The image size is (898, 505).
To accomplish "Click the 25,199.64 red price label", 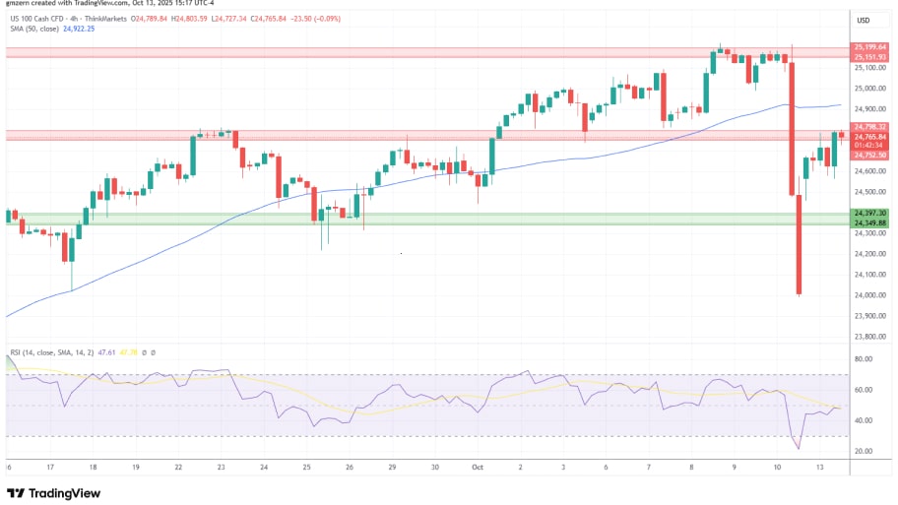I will (x=870, y=46).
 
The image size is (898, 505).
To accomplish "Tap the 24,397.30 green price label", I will (x=870, y=213).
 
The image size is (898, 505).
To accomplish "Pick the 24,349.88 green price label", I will (x=870, y=222).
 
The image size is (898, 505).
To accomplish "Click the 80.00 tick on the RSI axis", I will (x=863, y=359).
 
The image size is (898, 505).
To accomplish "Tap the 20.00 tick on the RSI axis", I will (x=863, y=451).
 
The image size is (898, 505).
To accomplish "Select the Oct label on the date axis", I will (x=478, y=469).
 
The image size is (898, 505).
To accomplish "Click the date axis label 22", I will (x=177, y=469).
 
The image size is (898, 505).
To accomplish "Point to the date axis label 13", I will (x=819, y=469).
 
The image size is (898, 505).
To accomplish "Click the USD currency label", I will (x=864, y=20).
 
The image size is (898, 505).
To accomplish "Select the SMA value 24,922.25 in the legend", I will (x=80, y=29).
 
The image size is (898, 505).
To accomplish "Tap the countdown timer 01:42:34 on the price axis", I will (x=870, y=146).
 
